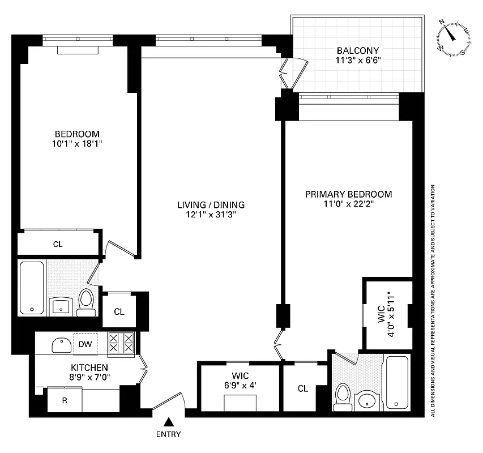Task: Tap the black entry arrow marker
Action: click(x=168, y=422)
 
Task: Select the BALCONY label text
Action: click(x=356, y=50)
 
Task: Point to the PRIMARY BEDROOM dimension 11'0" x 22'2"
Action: click(x=348, y=204)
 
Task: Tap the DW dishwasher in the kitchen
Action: click(x=85, y=344)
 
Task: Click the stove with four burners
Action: click(x=121, y=344)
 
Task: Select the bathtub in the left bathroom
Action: click(x=32, y=288)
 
